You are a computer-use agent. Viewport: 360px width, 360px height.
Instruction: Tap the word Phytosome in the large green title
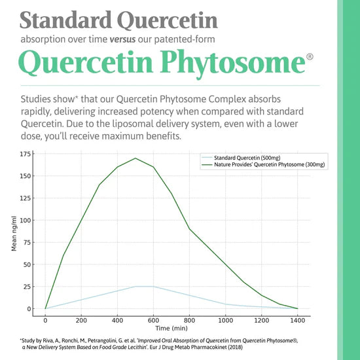click(220, 63)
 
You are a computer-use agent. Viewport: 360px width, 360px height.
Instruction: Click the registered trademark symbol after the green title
click(309, 57)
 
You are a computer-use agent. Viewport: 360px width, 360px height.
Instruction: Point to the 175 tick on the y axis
click(26, 154)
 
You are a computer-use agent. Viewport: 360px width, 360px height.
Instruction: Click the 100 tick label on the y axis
click(26, 220)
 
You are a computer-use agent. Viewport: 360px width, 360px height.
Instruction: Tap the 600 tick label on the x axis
click(154, 321)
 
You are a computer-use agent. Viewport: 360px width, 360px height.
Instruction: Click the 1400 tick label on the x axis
click(297, 321)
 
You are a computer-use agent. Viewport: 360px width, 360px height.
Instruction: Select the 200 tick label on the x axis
click(81, 321)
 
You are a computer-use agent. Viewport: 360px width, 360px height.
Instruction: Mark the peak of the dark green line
click(135, 158)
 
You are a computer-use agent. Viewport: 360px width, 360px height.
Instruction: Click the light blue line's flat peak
click(145, 286)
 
